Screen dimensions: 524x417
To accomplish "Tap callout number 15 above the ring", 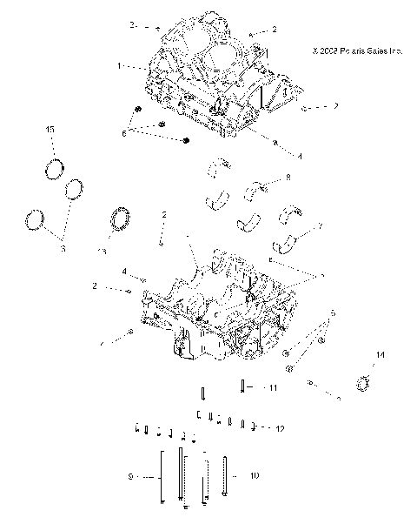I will [x=50, y=129].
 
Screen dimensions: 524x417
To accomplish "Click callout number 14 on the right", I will [x=379, y=353].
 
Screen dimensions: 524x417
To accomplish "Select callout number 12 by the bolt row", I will [x=280, y=429].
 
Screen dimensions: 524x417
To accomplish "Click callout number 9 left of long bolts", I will [x=130, y=477].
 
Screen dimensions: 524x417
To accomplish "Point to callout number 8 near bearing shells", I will [x=288, y=178].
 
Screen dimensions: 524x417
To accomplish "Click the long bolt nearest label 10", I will [x=225, y=475].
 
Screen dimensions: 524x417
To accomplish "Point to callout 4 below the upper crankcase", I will [x=275, y=156].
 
